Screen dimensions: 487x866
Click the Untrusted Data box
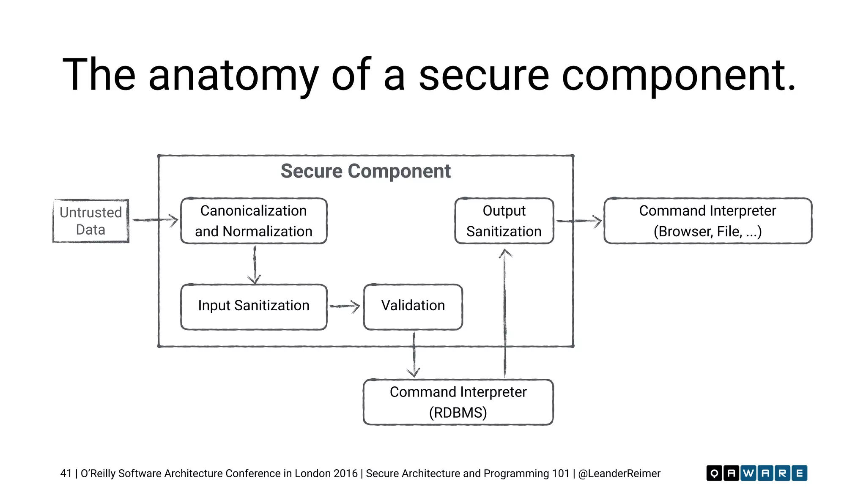click(90, 221)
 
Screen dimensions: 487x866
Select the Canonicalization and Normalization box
click(254, 221)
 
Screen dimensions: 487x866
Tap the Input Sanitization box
click(254, 306)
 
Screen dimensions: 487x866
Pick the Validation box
click(413, 306)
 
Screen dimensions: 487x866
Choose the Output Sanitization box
click(504, 221)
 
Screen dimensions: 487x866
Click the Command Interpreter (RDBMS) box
click(458, 402)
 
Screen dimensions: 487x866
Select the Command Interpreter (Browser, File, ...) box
click(707, 221)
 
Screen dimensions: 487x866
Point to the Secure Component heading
click(365, 171)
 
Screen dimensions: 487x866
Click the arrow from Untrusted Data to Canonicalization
click(155, 220)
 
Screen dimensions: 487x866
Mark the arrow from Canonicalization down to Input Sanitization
click(255, 264)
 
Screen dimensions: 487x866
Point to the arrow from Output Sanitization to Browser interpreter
click(578, 221)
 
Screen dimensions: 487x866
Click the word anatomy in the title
click(233, 75)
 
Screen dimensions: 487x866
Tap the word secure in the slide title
click(483, 75)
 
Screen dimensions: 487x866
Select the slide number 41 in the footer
click(66, 473)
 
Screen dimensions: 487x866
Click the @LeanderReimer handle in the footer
click(619, 473)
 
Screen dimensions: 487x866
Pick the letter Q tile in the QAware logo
click(714, 473)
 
